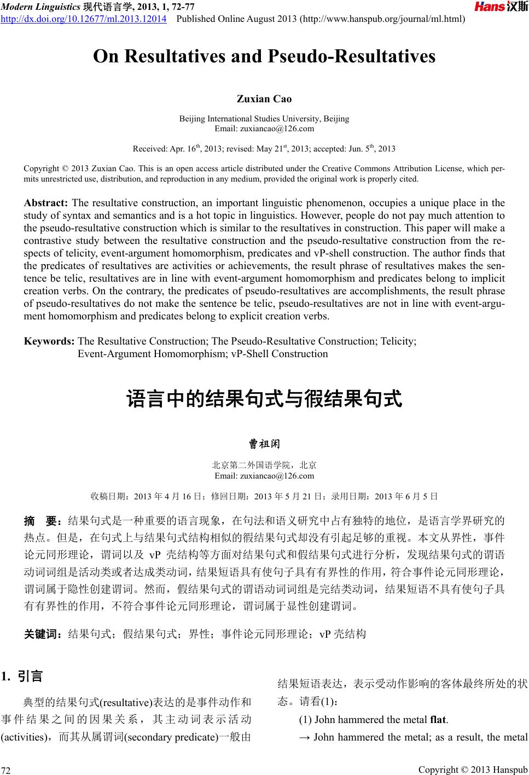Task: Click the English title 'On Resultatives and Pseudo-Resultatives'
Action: (264, 56)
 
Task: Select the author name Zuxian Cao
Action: (264, 99)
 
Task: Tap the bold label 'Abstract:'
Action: (46, 203)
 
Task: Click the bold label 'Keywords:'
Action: (49, 341)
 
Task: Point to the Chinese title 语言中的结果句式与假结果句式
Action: (264, 399)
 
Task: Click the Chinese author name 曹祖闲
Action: (264, 442)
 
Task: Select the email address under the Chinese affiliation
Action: (264, 476)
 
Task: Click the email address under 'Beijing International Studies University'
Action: (264, 129)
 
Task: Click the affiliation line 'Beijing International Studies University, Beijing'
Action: (264, 119)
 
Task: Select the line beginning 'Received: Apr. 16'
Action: (264, 148)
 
